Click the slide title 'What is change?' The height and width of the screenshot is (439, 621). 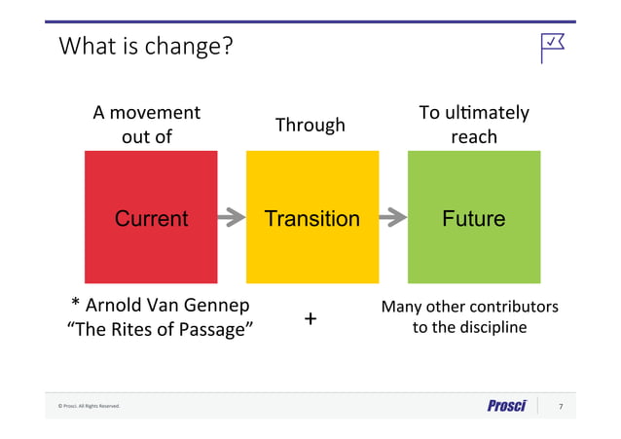[x=145, y=45]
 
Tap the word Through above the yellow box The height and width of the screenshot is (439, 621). [x=310, y=125]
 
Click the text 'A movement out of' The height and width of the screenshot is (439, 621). [x=147, y=125]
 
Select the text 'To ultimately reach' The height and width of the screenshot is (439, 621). [x=473, y=125]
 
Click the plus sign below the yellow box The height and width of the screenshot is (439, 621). [x=310, y=318]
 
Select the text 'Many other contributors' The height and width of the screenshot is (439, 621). [x=469, y=307]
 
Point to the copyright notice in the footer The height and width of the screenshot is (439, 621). [x=89, y=406]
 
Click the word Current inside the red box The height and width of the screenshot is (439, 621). [x=151, y=218]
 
